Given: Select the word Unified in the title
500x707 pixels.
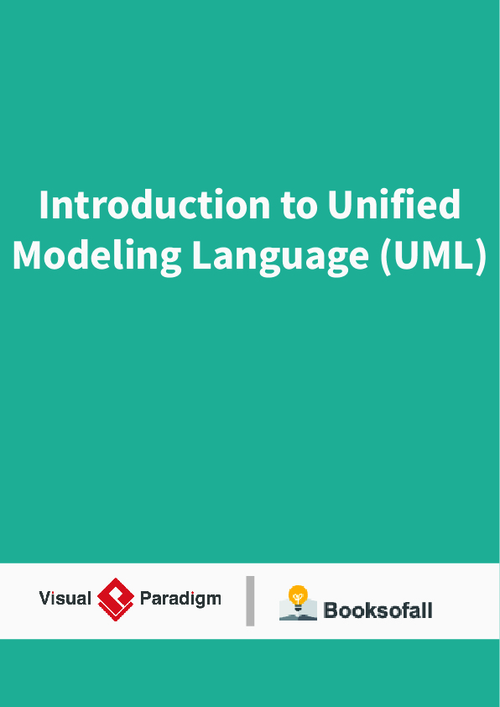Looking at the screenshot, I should click(394, 206).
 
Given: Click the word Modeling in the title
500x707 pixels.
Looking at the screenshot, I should click(96, 256).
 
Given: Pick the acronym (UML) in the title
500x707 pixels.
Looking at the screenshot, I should click(433, 256).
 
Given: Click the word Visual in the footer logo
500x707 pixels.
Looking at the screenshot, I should click(65, 599).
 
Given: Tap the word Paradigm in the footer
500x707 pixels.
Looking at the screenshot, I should click(180, 599).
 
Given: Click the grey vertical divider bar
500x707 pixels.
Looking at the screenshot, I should click(250, 600).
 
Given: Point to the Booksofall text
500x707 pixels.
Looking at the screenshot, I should click(378, 610).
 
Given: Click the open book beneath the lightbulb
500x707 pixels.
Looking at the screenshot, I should click(298, 612).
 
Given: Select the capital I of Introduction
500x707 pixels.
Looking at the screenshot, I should click(44, 206).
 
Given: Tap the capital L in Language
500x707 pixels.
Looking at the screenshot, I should click(201, 256).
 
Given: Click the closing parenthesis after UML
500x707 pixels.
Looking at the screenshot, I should click(481, 256).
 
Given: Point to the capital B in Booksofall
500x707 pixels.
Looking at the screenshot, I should click(331, 610).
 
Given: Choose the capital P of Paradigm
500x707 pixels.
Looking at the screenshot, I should click(145, 599).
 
